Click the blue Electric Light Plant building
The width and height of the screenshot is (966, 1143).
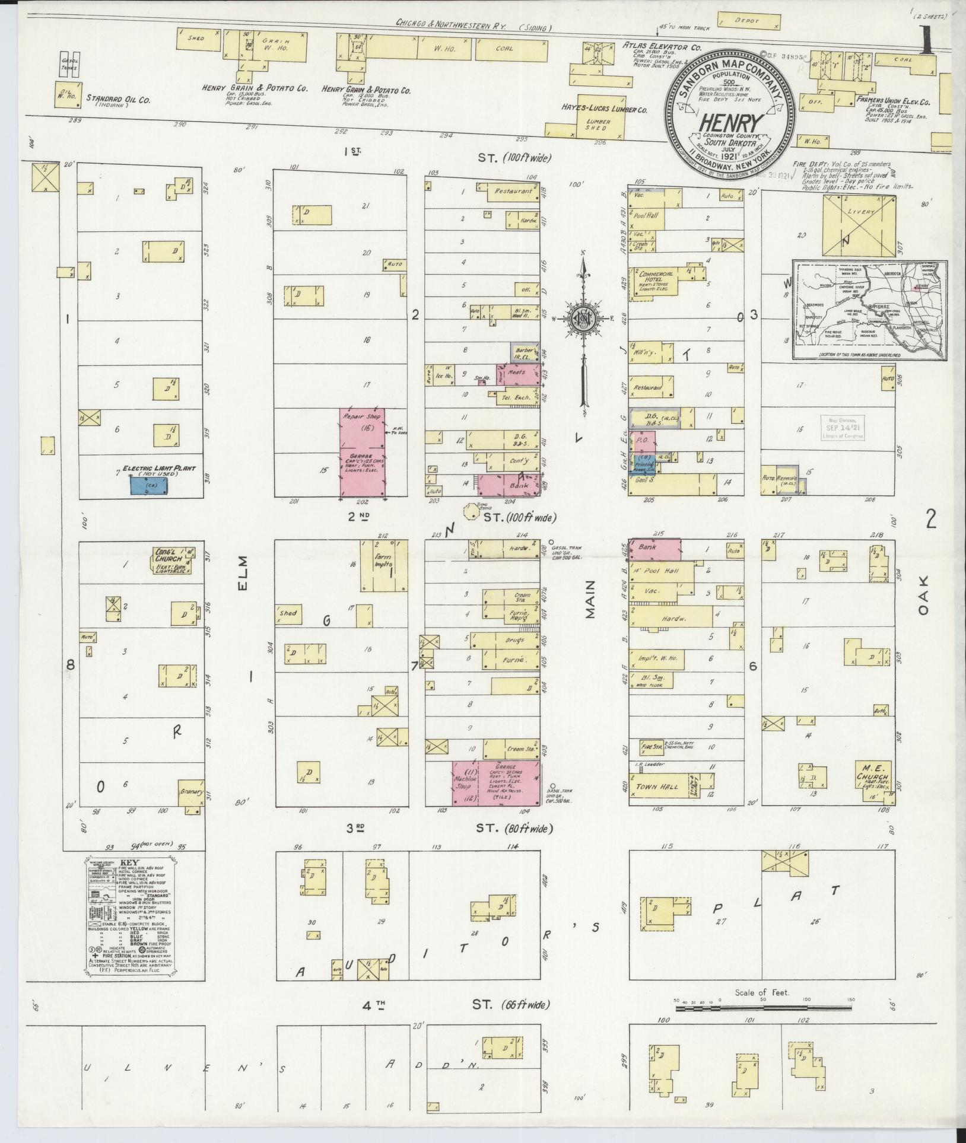point(148,485)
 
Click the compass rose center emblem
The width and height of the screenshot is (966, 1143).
point(583,319)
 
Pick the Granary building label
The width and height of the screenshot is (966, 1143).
point(191,792)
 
